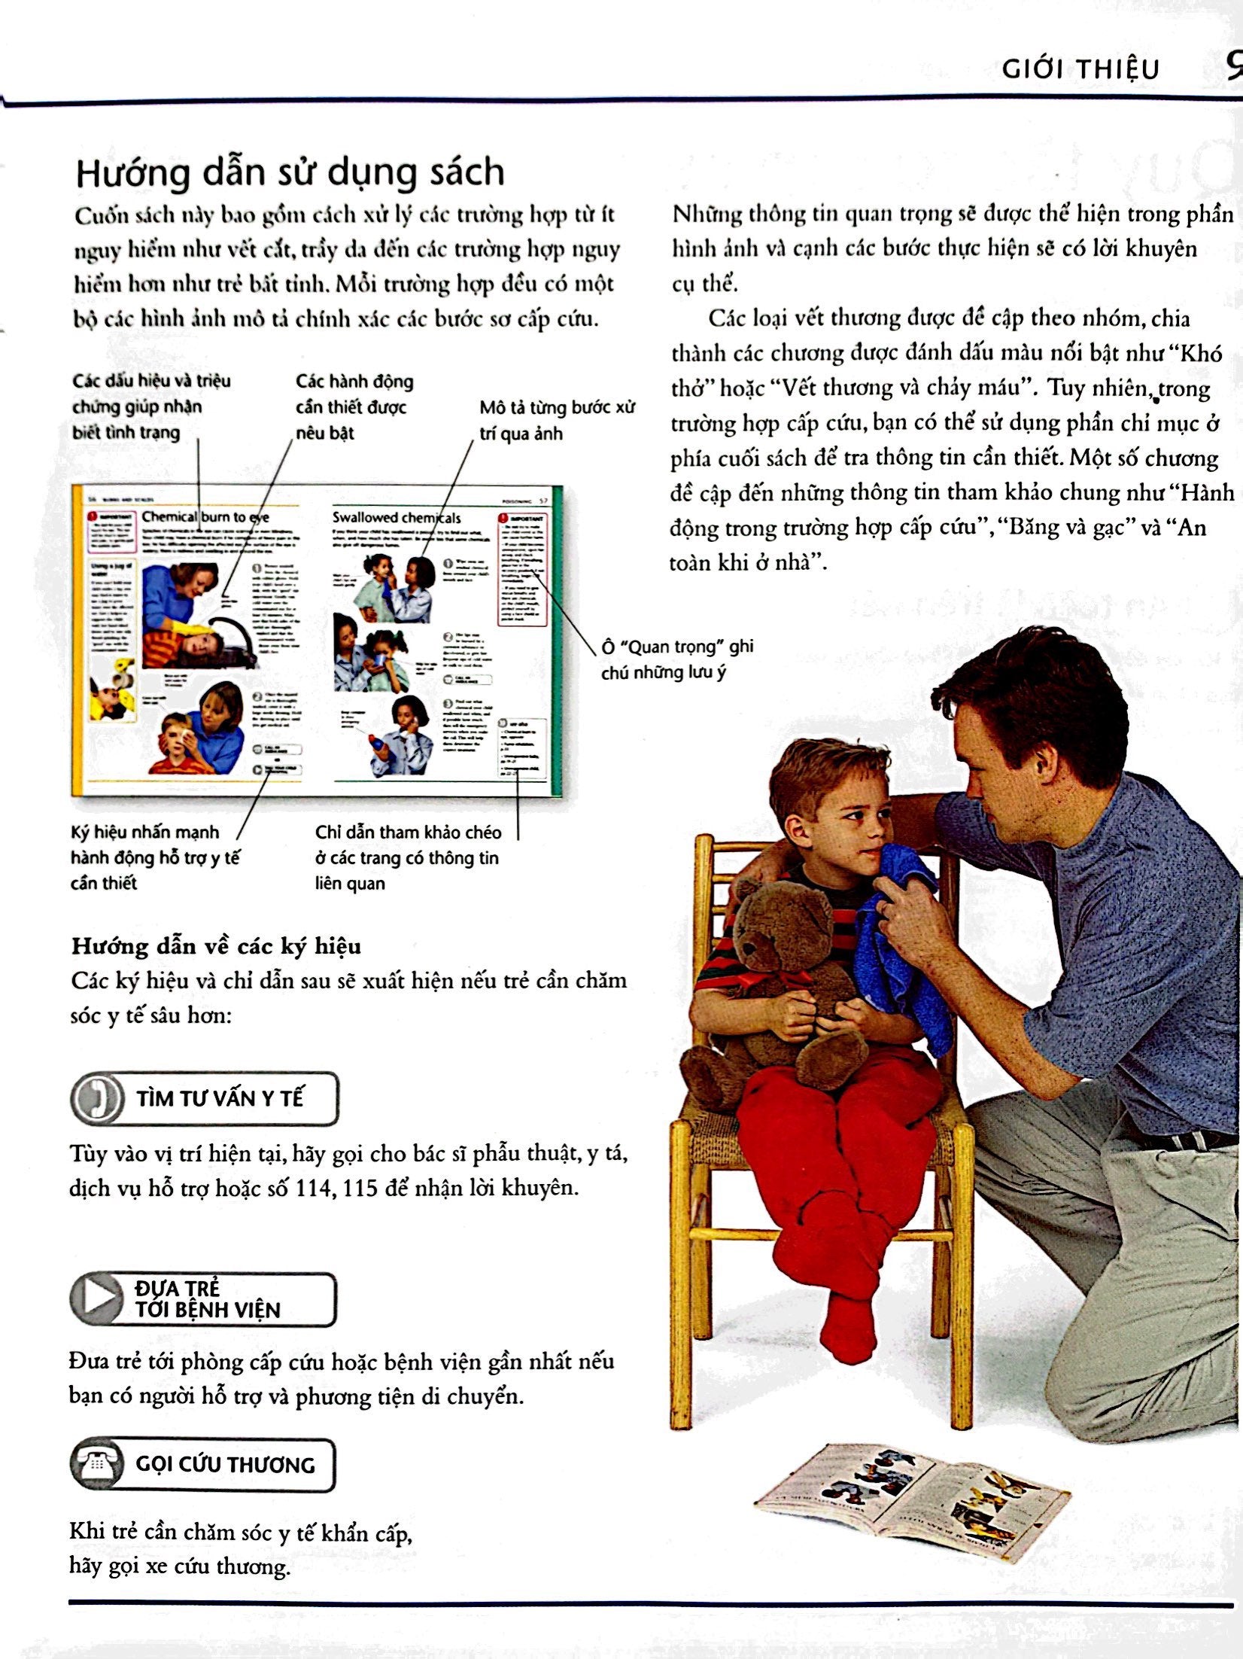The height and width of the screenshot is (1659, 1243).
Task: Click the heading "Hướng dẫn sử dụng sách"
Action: coord(290,172)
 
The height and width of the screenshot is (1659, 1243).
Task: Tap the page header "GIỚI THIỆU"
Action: coord(1080,69)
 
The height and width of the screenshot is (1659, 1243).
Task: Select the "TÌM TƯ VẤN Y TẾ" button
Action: coord(205,1099)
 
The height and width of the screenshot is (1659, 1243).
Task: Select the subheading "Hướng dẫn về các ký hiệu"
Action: coord(216,946)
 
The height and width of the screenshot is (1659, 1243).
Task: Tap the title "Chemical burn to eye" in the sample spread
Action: coord(205,516)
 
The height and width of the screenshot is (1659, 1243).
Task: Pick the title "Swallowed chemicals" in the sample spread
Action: coord(397,517)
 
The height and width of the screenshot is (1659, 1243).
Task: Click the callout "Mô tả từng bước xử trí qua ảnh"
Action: coord(557,421)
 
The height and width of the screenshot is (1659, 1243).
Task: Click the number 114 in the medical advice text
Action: coord(314,1188)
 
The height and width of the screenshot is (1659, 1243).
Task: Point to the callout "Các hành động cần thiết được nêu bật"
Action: coord(354,406)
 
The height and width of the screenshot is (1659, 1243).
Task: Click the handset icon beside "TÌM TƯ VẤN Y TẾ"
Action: coord(97,1100)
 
